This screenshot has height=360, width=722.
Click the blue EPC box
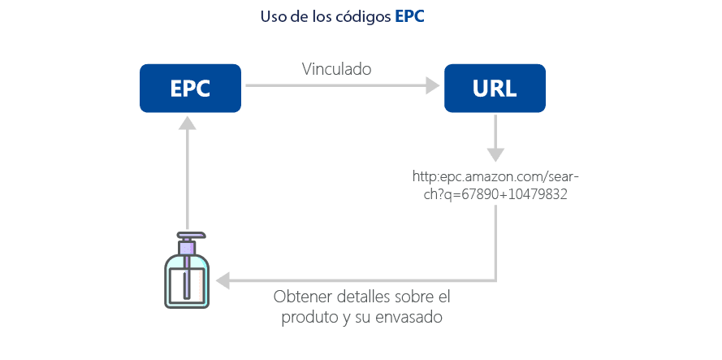click(x=190, y=88)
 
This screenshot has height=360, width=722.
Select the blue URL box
click(x=494, y=88)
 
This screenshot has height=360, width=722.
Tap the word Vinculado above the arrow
click(x=336, y=70)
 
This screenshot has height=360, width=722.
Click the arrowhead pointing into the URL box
click(x=434, y=85)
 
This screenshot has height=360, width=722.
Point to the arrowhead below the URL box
click(x=495, y=154)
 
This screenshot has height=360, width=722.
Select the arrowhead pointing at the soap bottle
click(x=221, y=281)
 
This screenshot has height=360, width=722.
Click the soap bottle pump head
click(x=187, y=241)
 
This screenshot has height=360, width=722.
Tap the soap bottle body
click(x=187, y=281)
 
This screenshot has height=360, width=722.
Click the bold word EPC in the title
click(x=409, y=17)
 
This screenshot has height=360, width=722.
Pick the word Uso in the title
click(x=273, y=17)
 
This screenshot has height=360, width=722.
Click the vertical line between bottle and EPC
click(x=188, y=179)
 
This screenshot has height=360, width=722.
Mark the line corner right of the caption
click(x=495, y=281)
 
